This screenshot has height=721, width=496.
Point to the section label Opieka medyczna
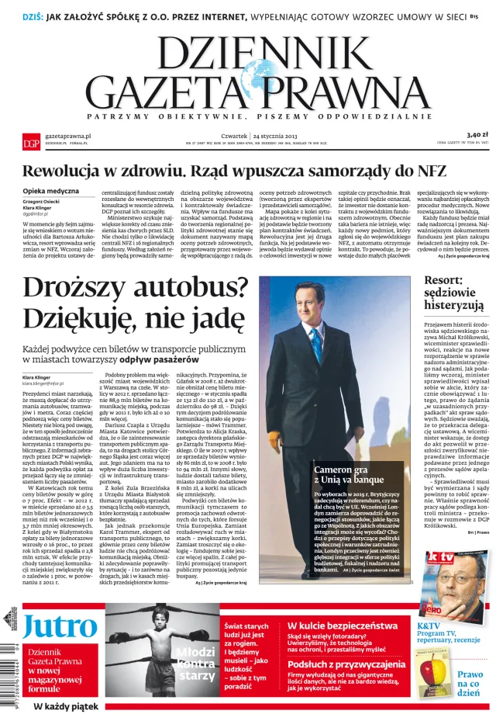(x=50, y=191)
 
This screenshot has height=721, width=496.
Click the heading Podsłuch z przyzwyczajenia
(x=346, y=664)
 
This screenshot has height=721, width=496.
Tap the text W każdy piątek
(x=65, y=707)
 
